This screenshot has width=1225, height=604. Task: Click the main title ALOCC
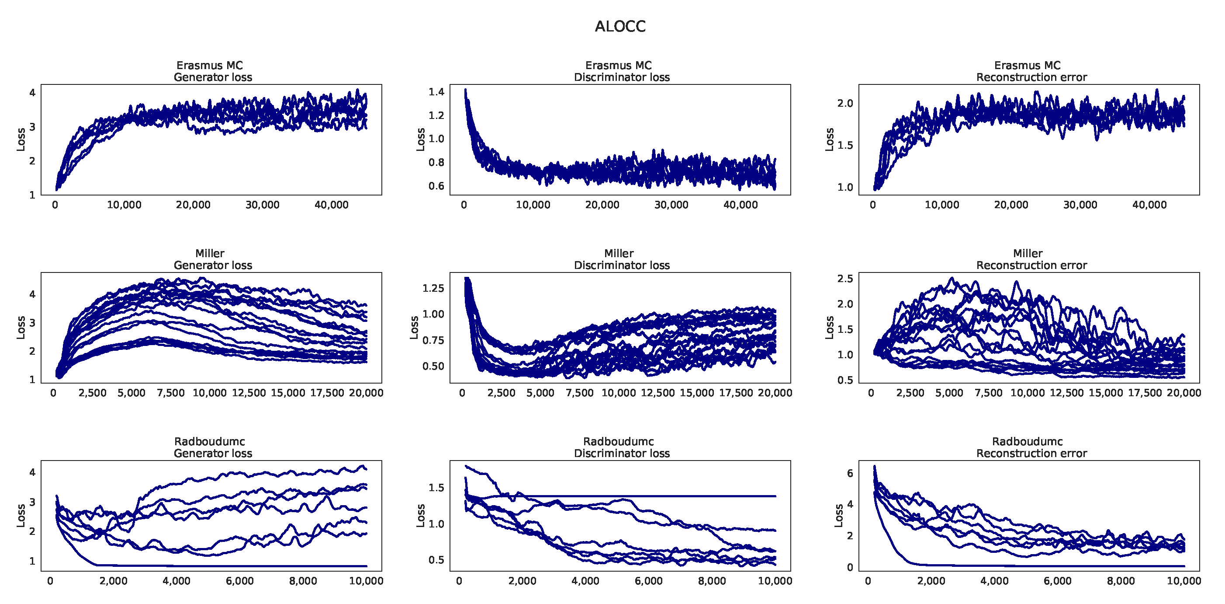(619, 26)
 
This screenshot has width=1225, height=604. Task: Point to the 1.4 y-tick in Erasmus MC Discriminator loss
(436, 92)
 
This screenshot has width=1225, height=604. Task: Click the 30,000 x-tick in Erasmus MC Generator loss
(262, 205)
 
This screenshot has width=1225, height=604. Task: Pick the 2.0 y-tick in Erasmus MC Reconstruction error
(845, 103)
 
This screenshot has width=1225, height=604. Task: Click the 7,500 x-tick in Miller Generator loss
(170, 393)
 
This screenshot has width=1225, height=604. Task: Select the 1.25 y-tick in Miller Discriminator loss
(433, 288)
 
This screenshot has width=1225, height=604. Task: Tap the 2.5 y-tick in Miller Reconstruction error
(845, 279)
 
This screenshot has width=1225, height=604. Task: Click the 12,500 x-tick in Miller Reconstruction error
(1067, 393)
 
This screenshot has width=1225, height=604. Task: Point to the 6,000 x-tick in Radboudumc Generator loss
(240, 581)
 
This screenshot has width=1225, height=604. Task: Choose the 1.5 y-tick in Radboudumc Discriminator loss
(436, 488)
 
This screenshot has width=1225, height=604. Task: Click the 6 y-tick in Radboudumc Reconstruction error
(850, 473)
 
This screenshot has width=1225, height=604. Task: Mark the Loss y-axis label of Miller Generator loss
(21, 328)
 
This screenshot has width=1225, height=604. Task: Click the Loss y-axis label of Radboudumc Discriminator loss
(420, 516)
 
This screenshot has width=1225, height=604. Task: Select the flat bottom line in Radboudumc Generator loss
(238, 566)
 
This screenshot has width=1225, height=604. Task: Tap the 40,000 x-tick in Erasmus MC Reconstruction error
(1149, 205)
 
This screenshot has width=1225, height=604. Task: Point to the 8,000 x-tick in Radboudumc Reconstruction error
(1121, 581)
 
